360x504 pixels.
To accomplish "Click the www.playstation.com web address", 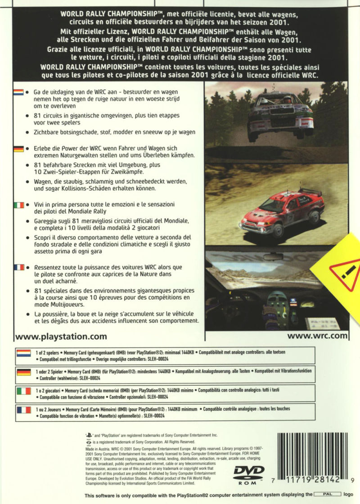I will point(61,335).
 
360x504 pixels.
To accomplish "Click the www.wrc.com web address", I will point(317,335).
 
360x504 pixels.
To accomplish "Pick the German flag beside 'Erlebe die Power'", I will point(18,148).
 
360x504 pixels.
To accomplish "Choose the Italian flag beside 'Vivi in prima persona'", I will point(18,205).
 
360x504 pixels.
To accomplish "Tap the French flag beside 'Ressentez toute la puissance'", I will point(18,267).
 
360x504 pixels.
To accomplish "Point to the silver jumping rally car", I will point(280,115).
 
